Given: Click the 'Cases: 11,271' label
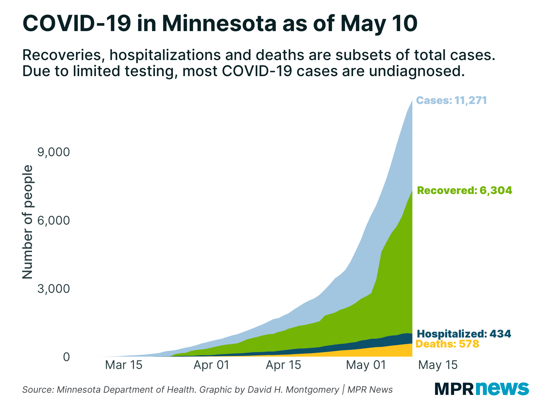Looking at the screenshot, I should [451, 100].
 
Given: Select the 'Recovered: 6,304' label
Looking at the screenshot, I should [464, 191].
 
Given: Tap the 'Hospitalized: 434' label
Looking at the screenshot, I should [464, 334].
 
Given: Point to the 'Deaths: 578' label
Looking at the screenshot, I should [447, 344].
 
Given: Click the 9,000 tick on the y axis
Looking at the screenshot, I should [53, 152].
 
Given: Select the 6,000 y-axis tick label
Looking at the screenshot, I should [53, 220].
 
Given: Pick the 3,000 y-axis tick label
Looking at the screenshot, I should [53, 289].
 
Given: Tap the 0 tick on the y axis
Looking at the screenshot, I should [66, 357].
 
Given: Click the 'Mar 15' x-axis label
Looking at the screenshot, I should [124, 365].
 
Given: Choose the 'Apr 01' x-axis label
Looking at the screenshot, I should [211, 365].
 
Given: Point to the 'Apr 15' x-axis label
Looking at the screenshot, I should [284, 365].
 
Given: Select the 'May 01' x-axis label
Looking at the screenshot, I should [366, 365].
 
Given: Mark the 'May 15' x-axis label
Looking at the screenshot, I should [438, 365].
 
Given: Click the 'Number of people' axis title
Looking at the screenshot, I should [27, 222].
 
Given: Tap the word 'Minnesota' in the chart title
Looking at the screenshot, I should [219, 24].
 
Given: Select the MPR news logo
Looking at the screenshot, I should [481, 389].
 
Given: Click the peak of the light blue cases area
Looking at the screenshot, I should [412, 101].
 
